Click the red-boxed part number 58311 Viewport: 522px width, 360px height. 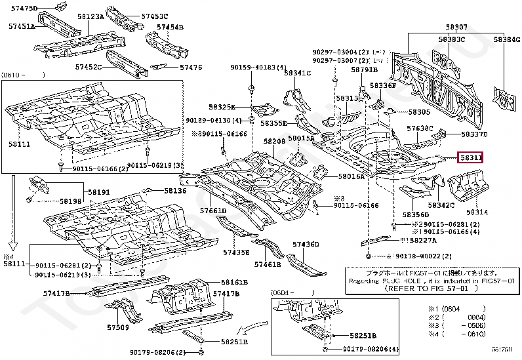coord(471,158)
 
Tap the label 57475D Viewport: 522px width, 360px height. coord(25,8)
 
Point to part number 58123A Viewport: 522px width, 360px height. coord(89,16)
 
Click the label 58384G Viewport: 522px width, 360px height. coord(506,39)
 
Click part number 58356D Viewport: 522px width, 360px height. coord(415,214)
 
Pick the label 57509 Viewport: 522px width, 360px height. coord(118,327)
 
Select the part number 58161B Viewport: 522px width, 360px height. coord(234,282)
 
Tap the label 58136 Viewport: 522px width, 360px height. coord(175,191)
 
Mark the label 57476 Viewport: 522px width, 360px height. coord(191,68)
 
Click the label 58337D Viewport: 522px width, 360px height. coord(473,134)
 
